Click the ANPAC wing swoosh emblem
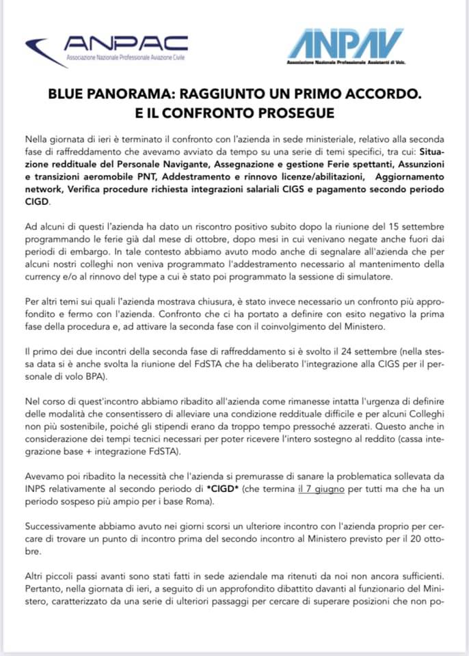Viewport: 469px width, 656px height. pos(43,52)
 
